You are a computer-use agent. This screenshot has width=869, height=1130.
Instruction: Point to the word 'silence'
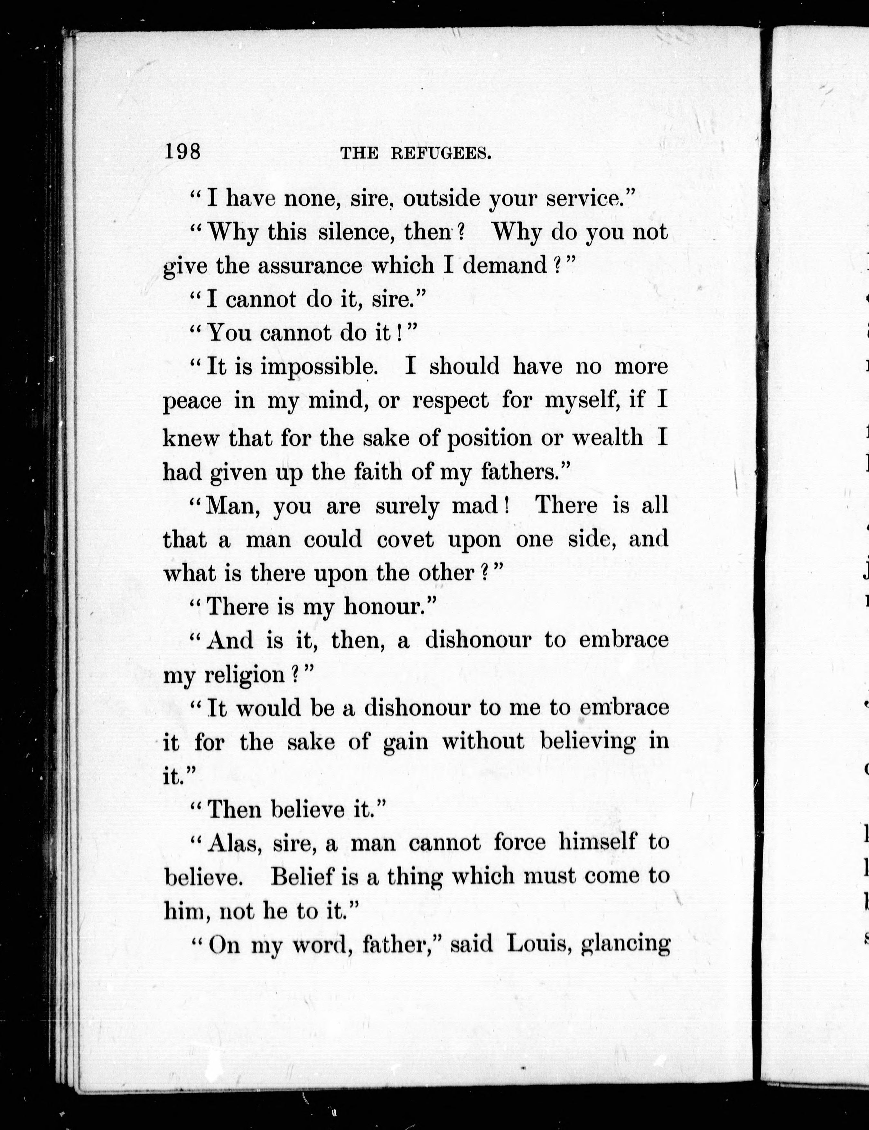pos(354,232)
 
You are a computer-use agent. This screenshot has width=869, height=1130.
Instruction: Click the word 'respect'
pos(450,401)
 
